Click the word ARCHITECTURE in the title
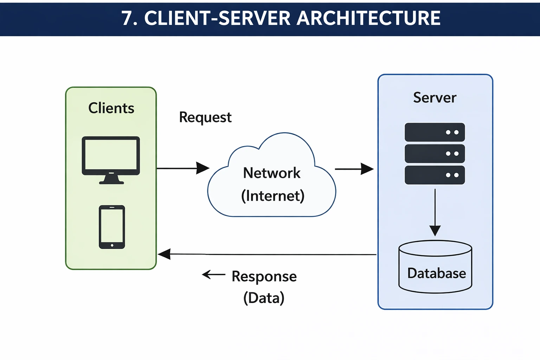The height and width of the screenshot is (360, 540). (368, 18)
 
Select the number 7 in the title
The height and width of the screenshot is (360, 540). (127, 18)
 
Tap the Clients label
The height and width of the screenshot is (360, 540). (111, 108)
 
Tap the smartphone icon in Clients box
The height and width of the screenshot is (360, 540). (112, 227)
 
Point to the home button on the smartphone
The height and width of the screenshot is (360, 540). (112, 245)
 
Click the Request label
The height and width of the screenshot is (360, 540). (205, 117)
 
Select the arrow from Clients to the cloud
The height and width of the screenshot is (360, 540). (183, 168)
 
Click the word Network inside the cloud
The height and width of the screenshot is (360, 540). (272, 173)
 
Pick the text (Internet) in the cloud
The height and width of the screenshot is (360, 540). (272, 196)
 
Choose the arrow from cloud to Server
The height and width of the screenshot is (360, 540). (354, 169)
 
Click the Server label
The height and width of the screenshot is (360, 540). (435, 98)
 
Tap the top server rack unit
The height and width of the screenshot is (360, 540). (435, 132)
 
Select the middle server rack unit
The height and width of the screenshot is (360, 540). (435, 154)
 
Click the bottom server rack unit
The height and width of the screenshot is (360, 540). (435, 175)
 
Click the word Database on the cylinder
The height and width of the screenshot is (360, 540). (436, 274)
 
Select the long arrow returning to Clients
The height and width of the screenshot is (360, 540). (267, 254)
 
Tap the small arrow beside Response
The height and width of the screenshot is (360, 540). (213, 275)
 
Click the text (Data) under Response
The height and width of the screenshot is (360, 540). (264, 298)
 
